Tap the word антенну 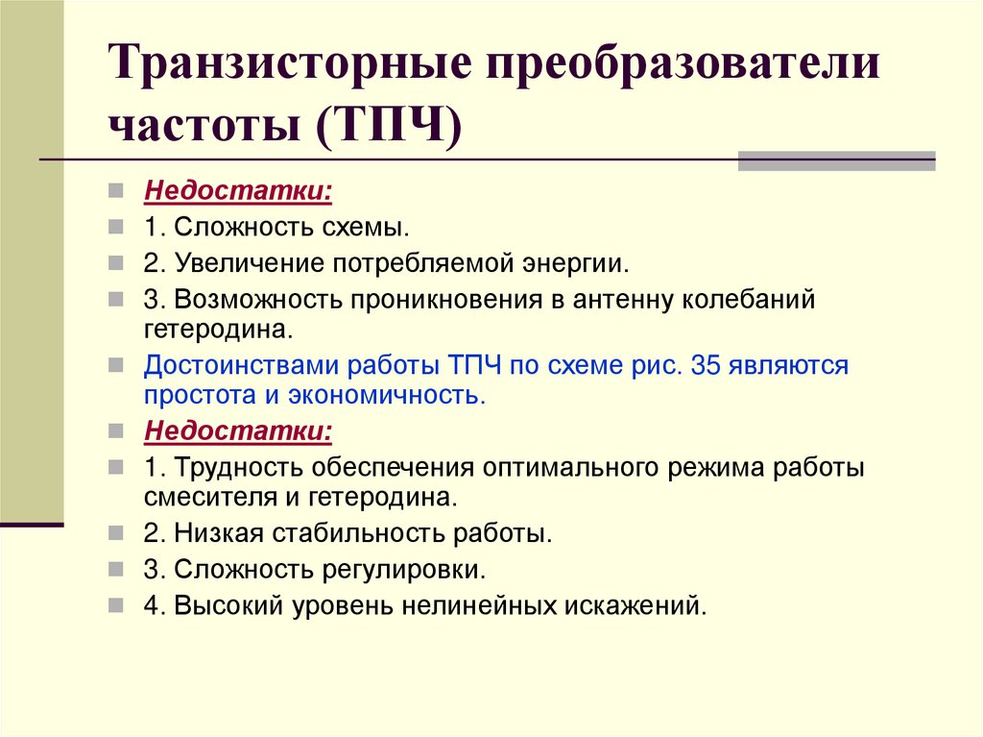(x=626, y=299)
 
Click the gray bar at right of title (x=836, y=160)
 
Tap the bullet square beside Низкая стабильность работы (x=115, y=531)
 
